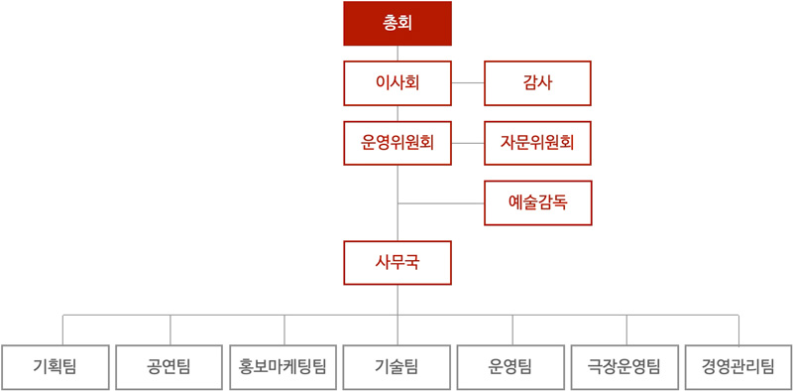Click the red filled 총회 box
coord(397,24)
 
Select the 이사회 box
coord(397,83)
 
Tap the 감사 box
coord(537,83)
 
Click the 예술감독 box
coord(537,202)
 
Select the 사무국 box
coord(397,263)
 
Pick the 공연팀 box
coord(170,367)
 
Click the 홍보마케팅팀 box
coord(283,367)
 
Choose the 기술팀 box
coord(397,367)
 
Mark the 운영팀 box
coord(511,367)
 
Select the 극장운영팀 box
coord(625,367)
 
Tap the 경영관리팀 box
coord(738,367)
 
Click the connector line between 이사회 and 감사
coord(468,83)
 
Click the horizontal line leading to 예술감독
coord(441,203)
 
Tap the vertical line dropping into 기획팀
coord(62,330)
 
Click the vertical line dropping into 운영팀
coord(512,330)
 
